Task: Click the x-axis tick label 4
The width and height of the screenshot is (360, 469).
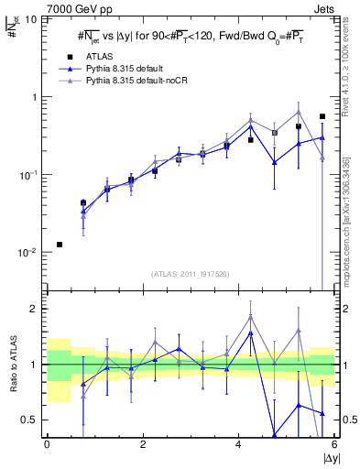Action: click(x=238, y=445)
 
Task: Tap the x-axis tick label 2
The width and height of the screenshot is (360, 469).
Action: click(x=143, y=445)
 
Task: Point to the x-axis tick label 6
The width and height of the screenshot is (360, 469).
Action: click(x=333, y=445)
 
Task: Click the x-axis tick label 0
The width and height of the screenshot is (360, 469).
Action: click(x=47, y=445)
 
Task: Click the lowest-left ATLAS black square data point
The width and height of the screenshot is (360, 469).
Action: click(x=60, y=245)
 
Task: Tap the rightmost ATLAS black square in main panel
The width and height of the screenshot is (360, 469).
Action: click(x=322, y=116)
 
